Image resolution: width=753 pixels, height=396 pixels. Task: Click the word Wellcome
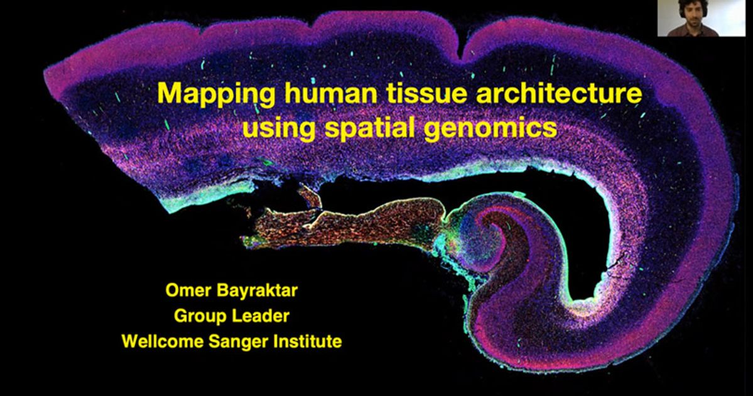158,342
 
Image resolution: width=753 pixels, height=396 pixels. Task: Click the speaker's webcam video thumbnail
705,18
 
